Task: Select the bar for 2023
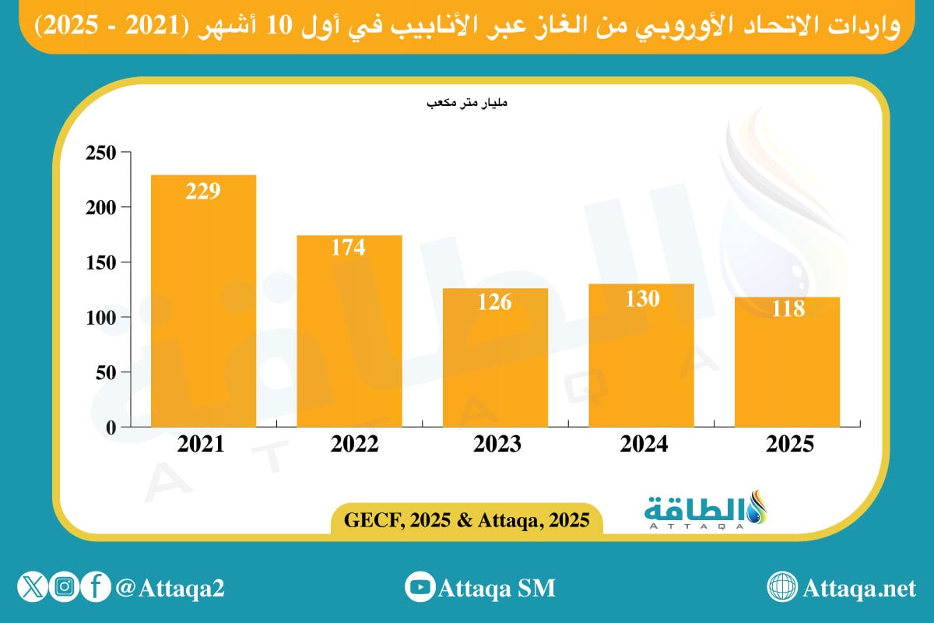click(495, 357)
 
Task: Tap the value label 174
click(349, 248)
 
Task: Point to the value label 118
click(787, 308)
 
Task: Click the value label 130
click(641, 298)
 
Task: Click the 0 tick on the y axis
click(110, 428)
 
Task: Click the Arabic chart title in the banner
click(467, 26)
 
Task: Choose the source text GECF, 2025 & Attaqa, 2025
click(466, 518)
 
